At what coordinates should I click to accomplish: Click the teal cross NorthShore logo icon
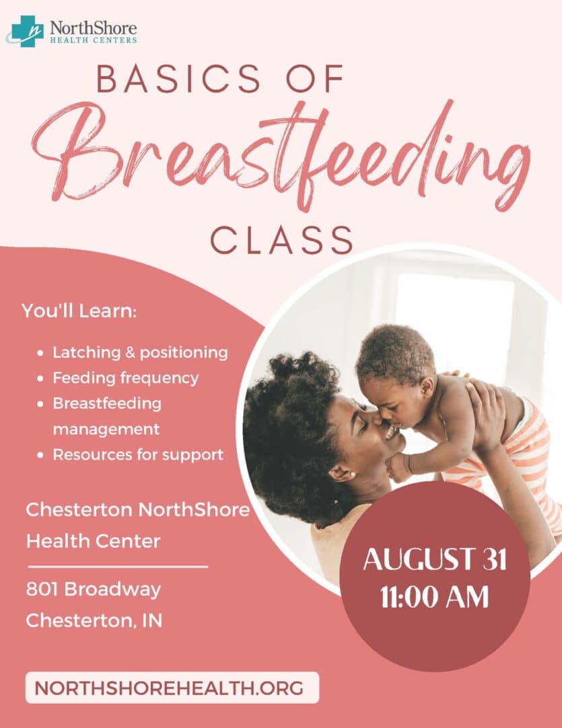coord(26,31)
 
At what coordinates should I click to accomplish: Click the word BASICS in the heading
coord(179,78)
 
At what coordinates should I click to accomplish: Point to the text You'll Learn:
coord(79,311)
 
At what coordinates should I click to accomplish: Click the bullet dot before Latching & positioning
coord(41,353)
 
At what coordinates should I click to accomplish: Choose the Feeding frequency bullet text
coord(126,378)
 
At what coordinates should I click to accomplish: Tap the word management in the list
coord(106,429)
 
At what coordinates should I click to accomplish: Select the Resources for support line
coord(138,454)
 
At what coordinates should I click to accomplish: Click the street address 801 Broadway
coord(94,589)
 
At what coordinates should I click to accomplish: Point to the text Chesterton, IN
coord(94,620)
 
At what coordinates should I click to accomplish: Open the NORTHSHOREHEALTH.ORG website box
coord(172,688)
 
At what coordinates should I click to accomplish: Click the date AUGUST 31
coord(435,559)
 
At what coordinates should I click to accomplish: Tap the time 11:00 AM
coord(435,597)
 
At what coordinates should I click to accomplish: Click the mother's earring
coord(353,475)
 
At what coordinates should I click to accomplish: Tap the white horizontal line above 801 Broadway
coord(118,567)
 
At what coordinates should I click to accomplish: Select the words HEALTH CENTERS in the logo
coord(93,40)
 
